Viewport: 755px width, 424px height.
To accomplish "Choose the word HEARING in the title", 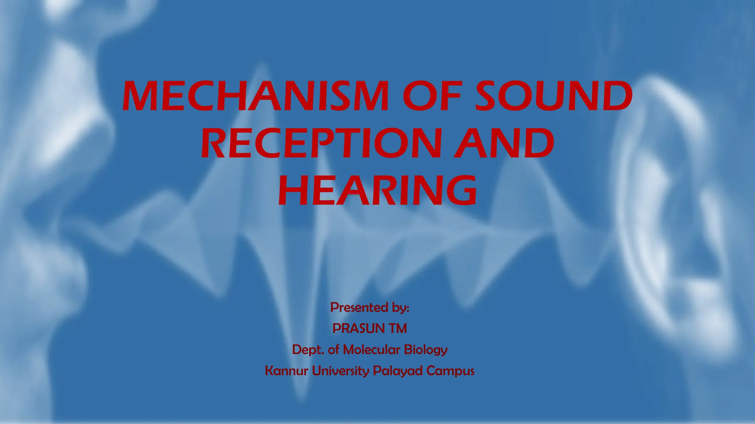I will [377, 190].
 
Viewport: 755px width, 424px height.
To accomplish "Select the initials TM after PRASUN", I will [397, 328].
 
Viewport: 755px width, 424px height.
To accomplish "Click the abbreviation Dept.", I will [308, 349].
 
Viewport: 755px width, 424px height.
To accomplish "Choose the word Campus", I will [450, 371].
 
